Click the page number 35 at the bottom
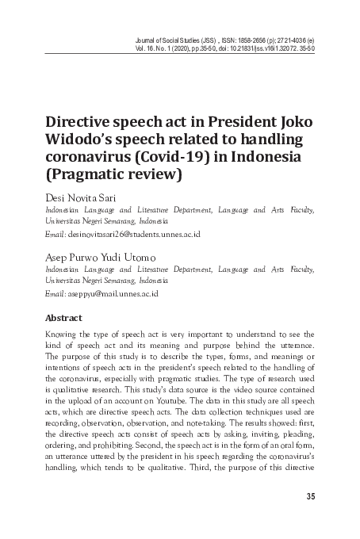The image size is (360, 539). pyautogui.click(x=310, y=497)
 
